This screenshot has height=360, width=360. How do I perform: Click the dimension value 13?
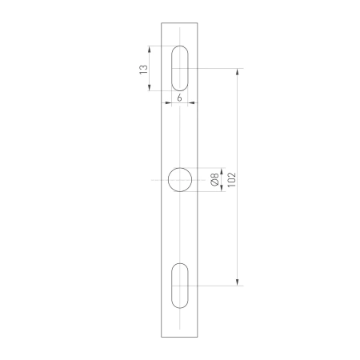click(142, 70)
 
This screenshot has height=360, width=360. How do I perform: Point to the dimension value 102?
click(231, 179)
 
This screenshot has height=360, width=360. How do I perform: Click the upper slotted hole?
click(181, 70)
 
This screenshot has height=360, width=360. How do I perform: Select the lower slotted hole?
click(181, 285)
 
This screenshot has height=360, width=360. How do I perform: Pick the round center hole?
click(181, 179)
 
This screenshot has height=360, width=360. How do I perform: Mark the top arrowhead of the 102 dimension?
click(238, 72)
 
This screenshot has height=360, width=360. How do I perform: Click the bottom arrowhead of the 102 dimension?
click(238, 282)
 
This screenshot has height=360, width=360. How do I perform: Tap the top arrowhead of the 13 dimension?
click(150, 48)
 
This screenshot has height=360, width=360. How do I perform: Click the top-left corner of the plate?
click(162, 22)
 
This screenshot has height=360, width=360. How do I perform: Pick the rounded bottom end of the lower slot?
click(181, 306)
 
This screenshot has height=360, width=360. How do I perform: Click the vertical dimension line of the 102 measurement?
click(238, 128)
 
